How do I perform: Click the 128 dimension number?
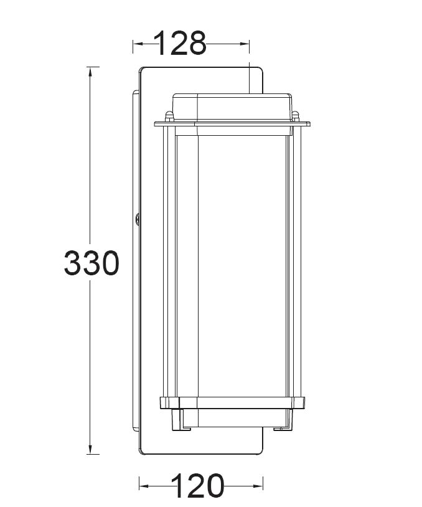click(180, 43)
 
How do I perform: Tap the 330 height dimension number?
click(91, 263)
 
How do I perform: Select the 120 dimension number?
click(198, 486)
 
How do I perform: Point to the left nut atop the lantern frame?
click(169, 116)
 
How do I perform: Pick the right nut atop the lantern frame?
click(295, 116)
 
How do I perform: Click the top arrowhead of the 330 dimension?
click(90, 72)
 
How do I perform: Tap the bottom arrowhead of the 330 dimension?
click(90, 449)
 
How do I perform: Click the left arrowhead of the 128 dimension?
click(138, 44)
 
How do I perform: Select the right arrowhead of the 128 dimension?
click(244, 44)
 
